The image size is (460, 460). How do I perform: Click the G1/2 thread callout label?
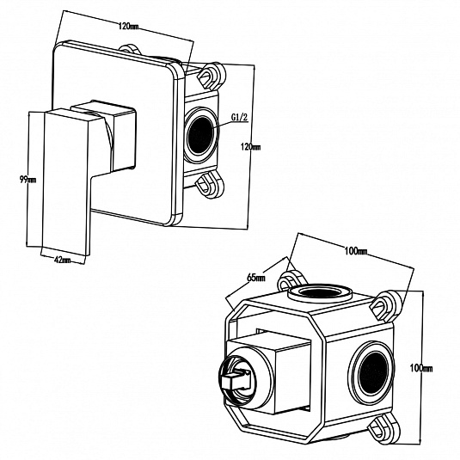click(x=240, y=118)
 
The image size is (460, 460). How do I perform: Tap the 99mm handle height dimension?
click(x=28, y=179)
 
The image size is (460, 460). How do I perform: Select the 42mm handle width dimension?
click(x=62, y=260)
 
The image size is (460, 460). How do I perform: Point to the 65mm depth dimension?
click(x=256, y=278)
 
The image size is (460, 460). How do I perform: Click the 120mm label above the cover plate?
click(x=128, y=27)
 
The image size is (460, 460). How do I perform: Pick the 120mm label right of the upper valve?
click(x=250, y=146)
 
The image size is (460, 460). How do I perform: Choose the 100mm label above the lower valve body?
click(x=356, y=251)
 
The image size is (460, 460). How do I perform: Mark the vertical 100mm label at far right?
click(x=421, y=368)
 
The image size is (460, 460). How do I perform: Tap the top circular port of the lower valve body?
click(x=320, y=292)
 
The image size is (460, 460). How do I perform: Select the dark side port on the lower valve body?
click(x=373, y=372)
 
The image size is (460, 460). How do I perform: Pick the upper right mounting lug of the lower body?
click(x=384, y=305)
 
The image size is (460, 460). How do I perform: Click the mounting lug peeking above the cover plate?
click(x=130, y=49)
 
